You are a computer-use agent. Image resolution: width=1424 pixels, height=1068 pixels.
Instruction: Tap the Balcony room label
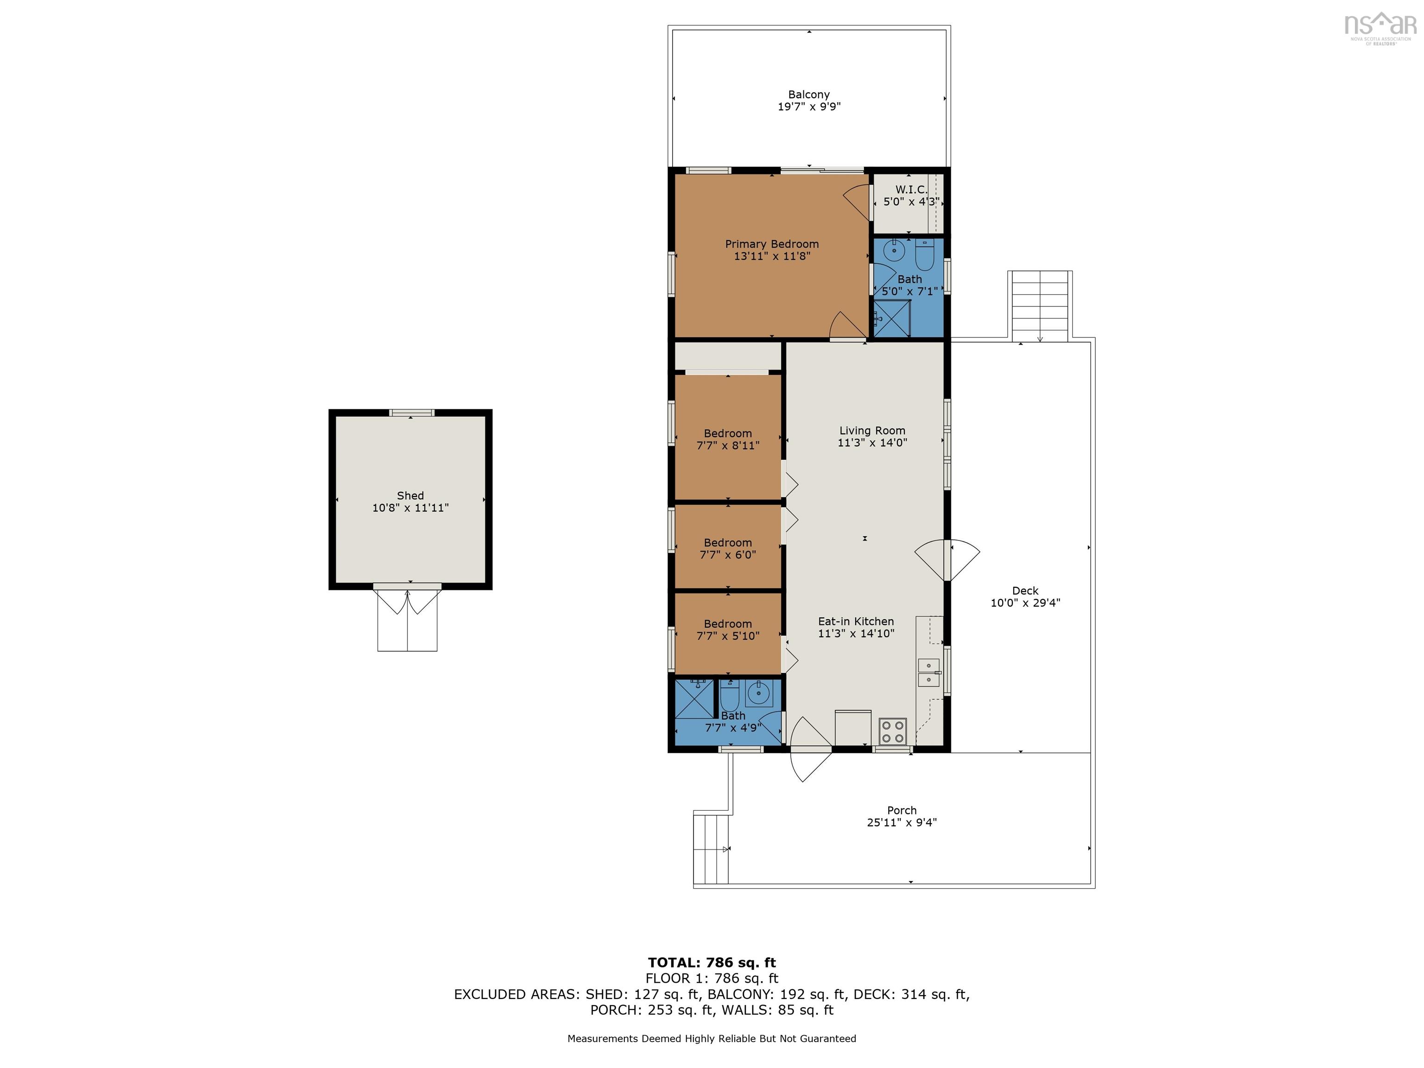point(808,95)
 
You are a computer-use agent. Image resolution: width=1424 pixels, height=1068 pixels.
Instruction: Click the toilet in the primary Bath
point(924,255)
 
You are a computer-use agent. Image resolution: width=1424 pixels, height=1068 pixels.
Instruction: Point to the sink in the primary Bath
point(894,250)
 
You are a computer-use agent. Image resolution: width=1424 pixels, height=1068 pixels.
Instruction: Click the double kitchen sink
point(928,673)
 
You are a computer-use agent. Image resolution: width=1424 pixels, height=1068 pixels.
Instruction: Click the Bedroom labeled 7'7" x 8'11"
point(727,439)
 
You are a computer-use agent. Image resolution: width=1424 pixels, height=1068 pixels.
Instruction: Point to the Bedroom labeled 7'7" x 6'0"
point(727,548)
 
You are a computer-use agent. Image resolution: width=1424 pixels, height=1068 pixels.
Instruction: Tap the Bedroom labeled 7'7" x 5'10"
point(727,629)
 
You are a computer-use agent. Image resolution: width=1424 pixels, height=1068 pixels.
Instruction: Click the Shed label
point(410,496)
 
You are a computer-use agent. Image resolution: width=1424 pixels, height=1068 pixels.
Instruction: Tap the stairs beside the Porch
point(712,848)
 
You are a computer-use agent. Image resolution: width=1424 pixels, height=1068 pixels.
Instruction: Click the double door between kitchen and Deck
point(947,560)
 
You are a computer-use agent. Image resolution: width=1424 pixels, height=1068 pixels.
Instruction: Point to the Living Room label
point(872,431)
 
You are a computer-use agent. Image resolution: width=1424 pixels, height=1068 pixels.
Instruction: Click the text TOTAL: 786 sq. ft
point(712,962)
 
